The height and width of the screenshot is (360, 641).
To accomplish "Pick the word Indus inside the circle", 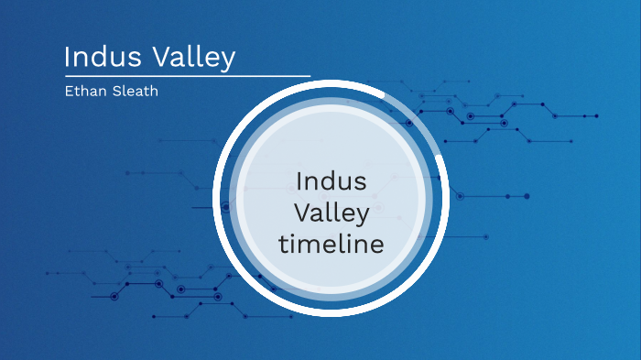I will click(x=331, y=180).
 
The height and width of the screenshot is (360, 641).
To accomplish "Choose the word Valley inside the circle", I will click(x=331, y=213).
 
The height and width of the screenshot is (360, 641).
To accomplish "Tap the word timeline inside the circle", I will click(x=331, y=245).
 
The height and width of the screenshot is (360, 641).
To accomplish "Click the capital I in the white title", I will click(x=68, y=58).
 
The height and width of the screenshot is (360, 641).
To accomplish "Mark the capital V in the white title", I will click(x=158, y=58).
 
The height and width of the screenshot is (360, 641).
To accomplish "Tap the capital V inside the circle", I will click(x=300, y=213).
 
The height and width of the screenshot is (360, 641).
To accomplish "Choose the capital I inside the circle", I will click(x=299, y=180).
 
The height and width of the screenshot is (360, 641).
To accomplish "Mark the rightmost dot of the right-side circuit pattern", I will click(x=596, y=116).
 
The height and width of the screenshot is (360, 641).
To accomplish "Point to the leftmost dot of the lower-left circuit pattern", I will click(x=48, y=273).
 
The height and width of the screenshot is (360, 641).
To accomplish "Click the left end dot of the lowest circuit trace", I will click(x=153, y=316).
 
